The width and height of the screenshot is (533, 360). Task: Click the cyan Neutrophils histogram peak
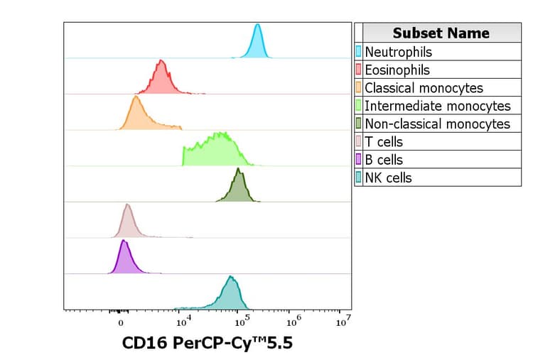(257, 44)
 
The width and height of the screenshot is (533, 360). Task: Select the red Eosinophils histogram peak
(162, 80)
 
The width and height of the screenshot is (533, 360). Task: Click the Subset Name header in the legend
(441, 33)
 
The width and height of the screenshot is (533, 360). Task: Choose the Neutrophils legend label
(398, 52)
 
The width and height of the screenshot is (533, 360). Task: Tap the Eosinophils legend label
(397, 70)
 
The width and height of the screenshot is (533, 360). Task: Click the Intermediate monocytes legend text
(437, 106)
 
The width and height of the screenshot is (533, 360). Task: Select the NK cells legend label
(388, 178)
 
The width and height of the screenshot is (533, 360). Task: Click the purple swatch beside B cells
(359, 160)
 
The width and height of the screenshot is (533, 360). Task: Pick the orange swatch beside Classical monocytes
(359, 88)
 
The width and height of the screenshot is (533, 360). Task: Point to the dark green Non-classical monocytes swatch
(359, 124)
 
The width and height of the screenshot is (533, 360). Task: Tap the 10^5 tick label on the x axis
(240, 320)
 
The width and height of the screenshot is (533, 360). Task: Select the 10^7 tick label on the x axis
(343, 320)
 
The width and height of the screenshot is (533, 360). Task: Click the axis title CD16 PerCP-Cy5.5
(207, 344)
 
